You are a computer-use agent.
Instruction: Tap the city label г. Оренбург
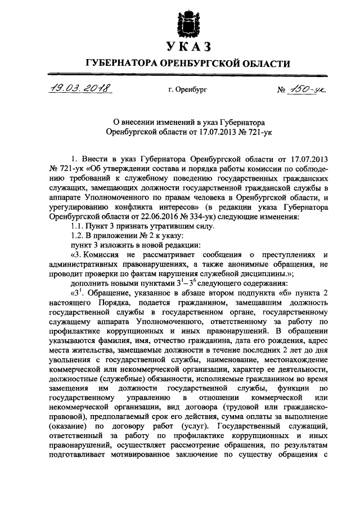click(187, 90)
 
